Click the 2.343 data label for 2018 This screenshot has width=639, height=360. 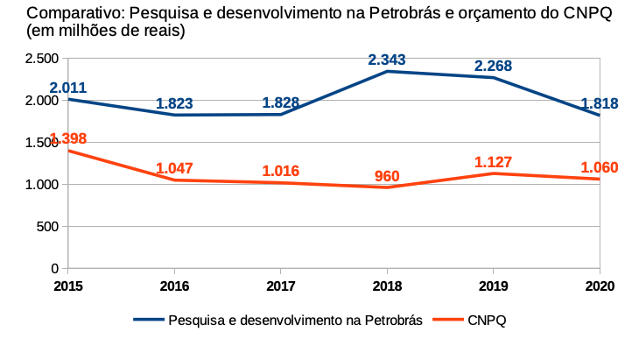[387, 60]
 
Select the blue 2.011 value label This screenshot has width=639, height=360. [68, 88]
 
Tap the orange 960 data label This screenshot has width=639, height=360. [387, 176]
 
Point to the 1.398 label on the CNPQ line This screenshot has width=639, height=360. [68, 139]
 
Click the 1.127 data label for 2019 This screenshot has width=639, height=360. [493, 162]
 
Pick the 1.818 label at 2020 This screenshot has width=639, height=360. [600, 103]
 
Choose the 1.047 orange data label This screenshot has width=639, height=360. [174, 168]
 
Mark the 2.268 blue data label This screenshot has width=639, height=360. [493, 66]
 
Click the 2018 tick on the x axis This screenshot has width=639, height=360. [387, 286]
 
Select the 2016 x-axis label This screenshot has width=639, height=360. [174, 286]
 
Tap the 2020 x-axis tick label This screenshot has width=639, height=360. [599, 286]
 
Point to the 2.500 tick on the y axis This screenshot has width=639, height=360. [42, 59]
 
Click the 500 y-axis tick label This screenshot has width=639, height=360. [47, 226]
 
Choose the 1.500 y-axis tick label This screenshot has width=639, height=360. [42, 142]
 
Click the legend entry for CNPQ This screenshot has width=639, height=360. [487, 320]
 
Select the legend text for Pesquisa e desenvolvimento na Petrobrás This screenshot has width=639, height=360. [296, 320]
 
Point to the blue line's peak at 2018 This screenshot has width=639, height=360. [387, 71]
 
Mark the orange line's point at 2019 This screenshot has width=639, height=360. [493, 173]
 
